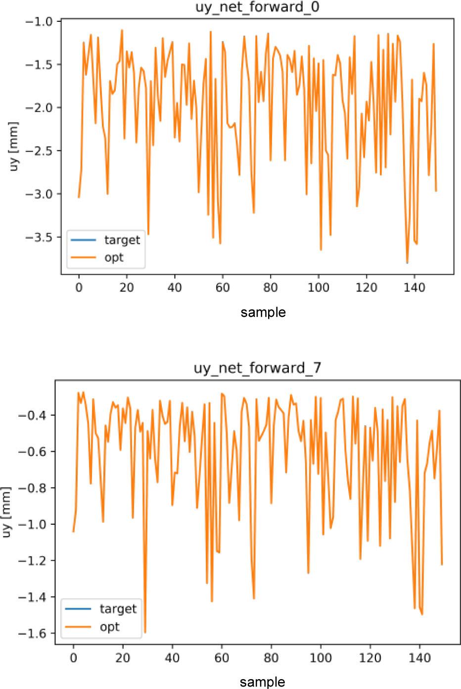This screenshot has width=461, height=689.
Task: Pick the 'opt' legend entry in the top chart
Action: (x=114, y=257)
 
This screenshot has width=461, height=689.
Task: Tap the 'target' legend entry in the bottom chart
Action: (x=118, y=608)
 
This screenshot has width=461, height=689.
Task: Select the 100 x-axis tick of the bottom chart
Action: (x=321, y=658)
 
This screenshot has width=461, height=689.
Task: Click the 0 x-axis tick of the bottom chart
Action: (x=73, y=658)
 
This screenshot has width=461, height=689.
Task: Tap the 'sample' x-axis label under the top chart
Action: (x=263, y=312)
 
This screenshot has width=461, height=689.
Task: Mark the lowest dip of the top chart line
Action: (x=407, y=263)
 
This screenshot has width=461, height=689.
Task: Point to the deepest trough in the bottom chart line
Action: (x=145, y=633)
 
